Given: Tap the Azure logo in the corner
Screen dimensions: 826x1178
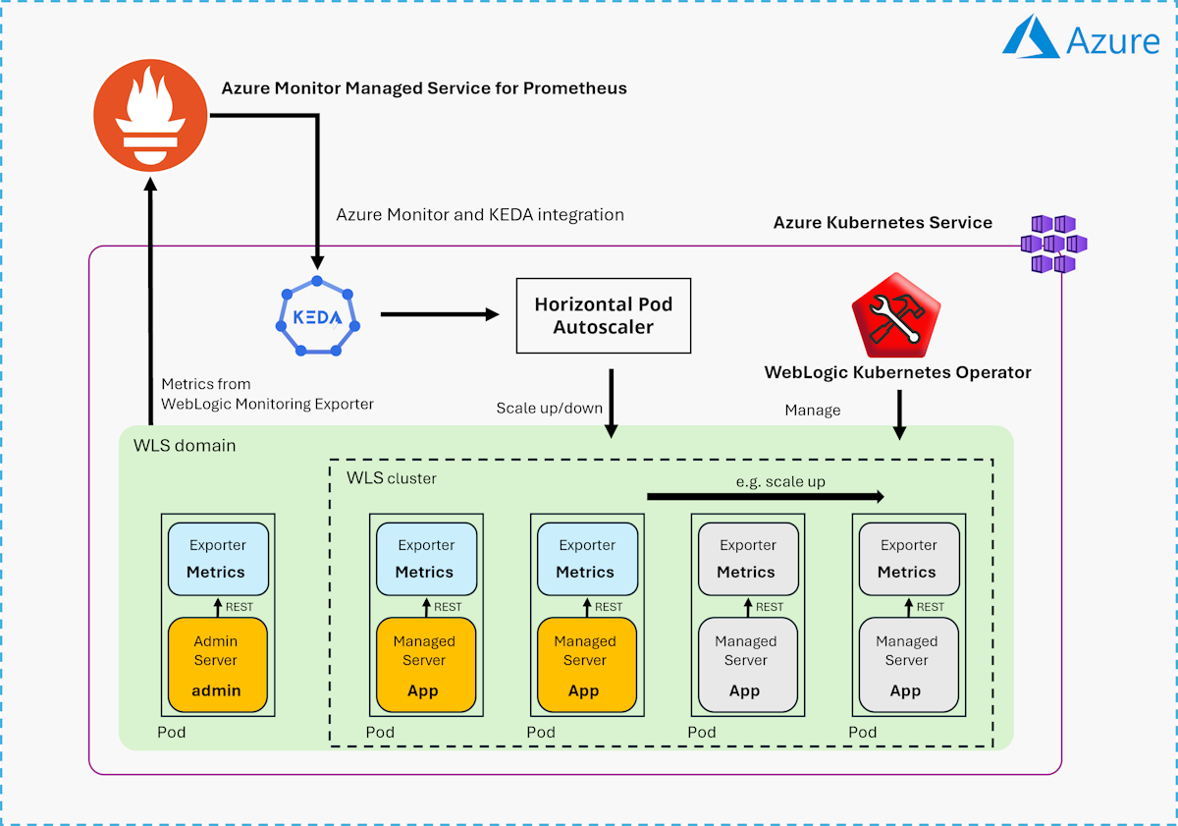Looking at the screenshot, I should tap(1082, 40).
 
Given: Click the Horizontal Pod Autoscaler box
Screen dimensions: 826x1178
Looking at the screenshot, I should tap(603, 315).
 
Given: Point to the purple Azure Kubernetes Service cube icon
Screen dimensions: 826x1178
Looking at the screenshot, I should tap(1052, 244).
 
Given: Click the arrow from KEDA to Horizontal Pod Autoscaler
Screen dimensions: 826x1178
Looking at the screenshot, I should tap(439, 314).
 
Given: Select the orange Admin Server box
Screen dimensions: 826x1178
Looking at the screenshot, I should tap(217, 665).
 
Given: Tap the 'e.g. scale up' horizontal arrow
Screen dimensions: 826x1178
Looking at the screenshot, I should tap(766, 497).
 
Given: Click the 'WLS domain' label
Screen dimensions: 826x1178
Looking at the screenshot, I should tap(185, 446).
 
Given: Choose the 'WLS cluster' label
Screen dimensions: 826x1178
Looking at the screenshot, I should tap(392, 478).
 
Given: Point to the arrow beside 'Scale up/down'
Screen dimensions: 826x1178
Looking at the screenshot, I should tap(612, 403).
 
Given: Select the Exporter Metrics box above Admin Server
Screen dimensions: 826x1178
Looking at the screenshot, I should tap(217, 558).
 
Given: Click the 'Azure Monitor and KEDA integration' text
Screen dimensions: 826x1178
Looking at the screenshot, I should tap(480, 214).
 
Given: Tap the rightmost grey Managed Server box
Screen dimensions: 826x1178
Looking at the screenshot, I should tap(907, 665).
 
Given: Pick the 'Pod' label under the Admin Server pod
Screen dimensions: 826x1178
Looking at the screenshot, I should tap(172, 733).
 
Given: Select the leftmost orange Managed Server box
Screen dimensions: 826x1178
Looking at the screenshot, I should tap(424, 665).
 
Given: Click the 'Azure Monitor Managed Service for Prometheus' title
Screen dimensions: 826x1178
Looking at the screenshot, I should tap(424, 88).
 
